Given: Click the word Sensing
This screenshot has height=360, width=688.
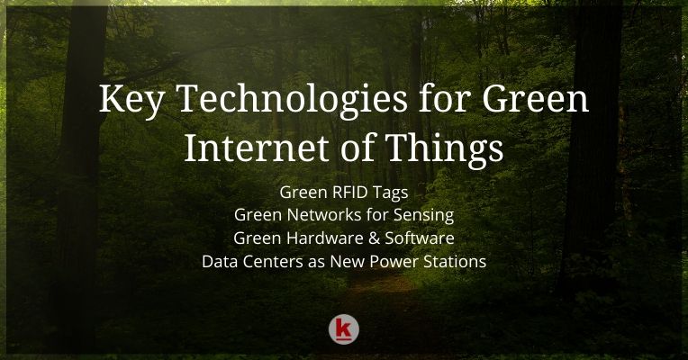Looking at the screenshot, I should (422, 217).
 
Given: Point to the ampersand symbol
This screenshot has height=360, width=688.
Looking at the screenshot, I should (373, 238).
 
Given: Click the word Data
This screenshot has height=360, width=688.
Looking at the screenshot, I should (221, 262).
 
